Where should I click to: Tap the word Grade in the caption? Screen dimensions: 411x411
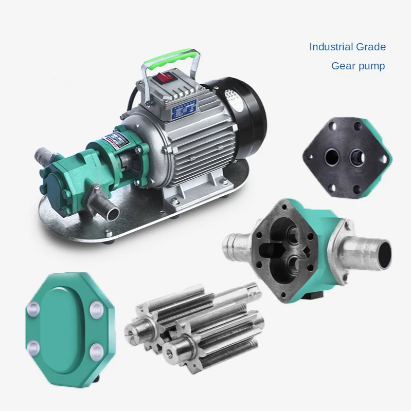click(x=371, y=47)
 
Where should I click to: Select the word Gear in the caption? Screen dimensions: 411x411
click(x=343, y=66)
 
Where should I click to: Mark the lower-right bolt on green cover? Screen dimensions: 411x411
click(x=96, y=351)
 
